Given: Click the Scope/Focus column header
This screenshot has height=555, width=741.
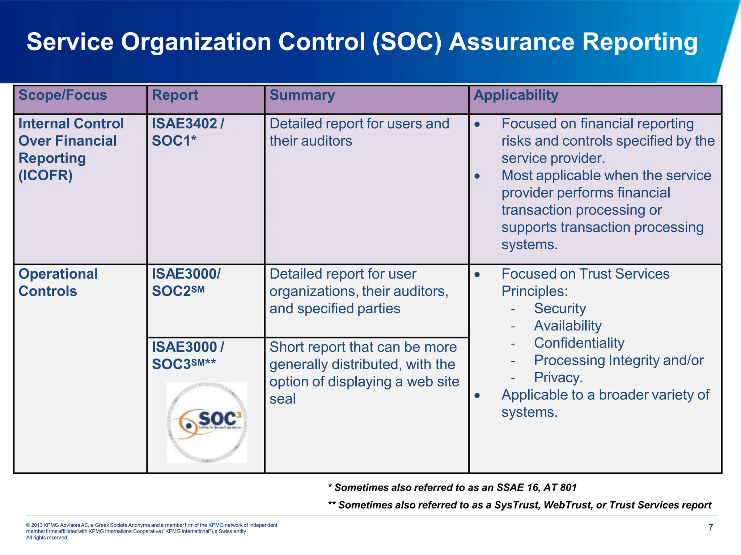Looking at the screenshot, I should point(63,95).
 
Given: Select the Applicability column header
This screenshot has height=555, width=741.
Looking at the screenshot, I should point(516,95).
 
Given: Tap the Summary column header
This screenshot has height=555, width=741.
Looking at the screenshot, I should point(302,95).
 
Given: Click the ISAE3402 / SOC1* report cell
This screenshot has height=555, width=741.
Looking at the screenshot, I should point(187,132).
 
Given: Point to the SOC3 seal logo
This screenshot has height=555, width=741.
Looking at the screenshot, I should point(207,422).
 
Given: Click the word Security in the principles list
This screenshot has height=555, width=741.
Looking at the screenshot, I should point(560,309).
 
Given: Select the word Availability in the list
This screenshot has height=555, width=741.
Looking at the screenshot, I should point(567,326).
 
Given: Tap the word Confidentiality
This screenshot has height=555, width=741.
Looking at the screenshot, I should point(579,343).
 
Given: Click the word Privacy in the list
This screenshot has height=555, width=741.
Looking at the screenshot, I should point(558,378).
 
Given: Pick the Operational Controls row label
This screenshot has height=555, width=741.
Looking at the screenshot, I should point(58,283).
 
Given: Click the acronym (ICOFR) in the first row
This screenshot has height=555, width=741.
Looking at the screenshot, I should point(46,176).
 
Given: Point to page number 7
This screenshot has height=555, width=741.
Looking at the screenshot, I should point(710,528).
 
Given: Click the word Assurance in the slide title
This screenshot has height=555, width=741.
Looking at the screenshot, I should point(511,42).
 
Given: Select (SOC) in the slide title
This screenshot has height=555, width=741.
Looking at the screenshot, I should point(407,42).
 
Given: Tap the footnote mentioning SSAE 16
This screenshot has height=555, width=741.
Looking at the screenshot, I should point(452,488).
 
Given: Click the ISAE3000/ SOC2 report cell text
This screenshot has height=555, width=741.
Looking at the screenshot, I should point(186,283).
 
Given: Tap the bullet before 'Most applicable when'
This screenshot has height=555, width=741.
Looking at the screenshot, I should point(477,176).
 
